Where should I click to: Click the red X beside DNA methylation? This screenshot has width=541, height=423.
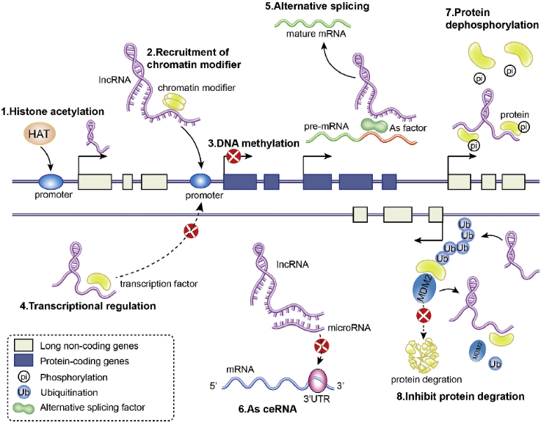[234, 156]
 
